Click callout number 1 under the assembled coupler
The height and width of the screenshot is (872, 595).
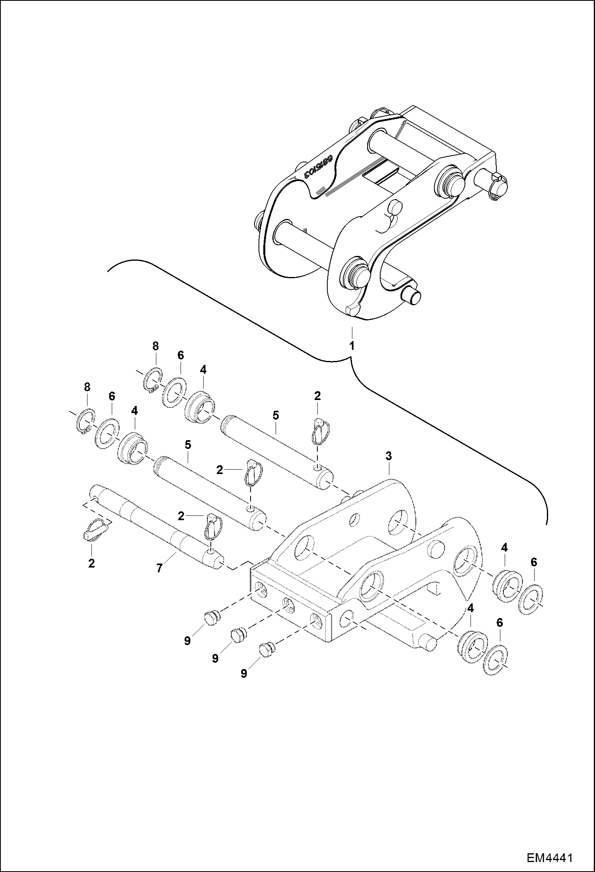(352, 345)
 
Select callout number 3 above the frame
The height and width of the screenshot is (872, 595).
(389, 456)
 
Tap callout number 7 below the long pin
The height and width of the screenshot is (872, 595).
(159, 569)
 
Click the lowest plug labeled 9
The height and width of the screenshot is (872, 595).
(266, 650)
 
